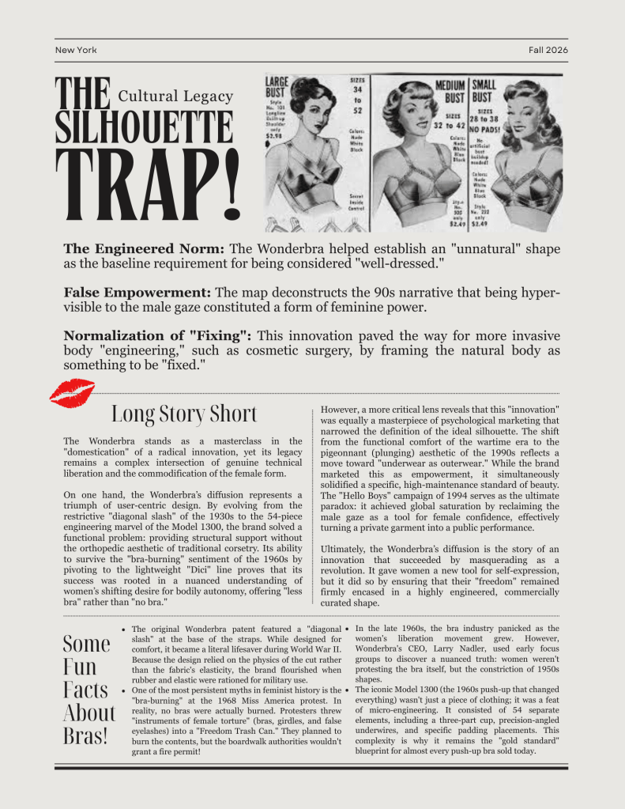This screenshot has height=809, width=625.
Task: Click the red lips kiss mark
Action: point(71,392)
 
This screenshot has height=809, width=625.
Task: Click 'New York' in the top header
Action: point(76,50)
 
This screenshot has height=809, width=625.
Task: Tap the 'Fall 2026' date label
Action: point(548,50)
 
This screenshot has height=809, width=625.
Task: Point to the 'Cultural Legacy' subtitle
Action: point(175,96)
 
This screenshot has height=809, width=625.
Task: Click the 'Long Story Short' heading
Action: point(183,414)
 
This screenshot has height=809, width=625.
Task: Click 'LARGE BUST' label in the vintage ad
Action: point(277,86)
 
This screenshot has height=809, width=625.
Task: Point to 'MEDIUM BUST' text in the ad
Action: point(450,91)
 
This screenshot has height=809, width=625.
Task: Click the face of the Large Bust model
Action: point(307,120)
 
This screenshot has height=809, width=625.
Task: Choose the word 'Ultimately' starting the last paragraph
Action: point(345,550)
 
